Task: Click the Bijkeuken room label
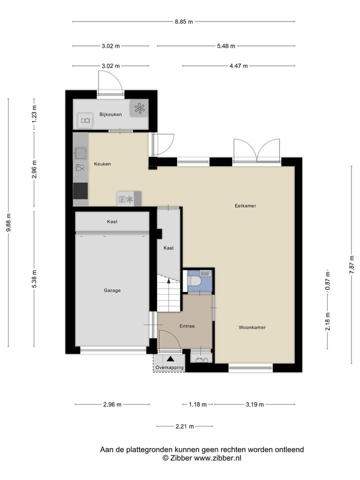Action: pyautogui.click(x=110, y=114)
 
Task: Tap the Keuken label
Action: pyautogui.click(x=102, y=164)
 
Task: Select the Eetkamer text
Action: pyautogui.click(x=245, y=205)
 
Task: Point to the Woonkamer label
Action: pyautogui.click(x=251, y=327)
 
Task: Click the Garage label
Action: pyautogui.click(x=112, y=290)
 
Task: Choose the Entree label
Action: pyautogui.click(x=187, y=326)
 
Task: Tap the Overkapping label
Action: pyautogui.click(x=169, y=367)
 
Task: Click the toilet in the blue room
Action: pyautogui.click(x=194, y=281)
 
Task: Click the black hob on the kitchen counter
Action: pyautogui.click(x=80, y=190)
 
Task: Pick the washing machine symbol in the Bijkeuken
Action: pyautogui.click(x=85, y=120)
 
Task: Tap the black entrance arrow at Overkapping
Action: pyautogui.click(x=170, y=358)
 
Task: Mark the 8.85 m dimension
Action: pyautogui.click(x=183, y=21)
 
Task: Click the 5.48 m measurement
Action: pyautogui.click(x=225, y=46)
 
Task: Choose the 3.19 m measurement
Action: pyautogui.click(x=254, y=404)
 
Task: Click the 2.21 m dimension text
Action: pyautogui.click(x=184, y=426)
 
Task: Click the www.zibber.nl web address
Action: pyautogui.click(x=217, y=457)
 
